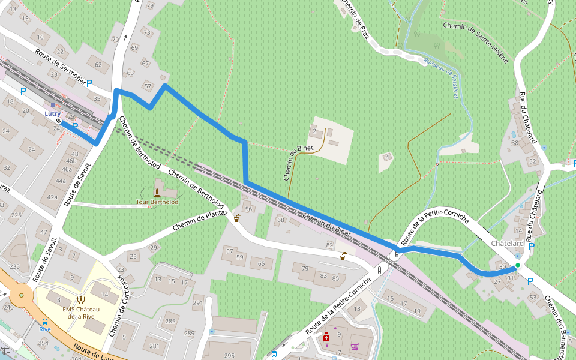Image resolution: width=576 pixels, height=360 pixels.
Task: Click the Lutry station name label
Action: [52, 113]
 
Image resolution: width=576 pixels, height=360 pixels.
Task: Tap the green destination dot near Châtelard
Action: [517, 265]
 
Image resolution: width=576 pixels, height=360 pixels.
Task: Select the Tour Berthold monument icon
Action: [157, 193]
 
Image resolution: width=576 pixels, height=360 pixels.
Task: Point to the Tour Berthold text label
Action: [157, 202]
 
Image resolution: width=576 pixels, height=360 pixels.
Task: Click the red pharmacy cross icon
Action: [326, 338]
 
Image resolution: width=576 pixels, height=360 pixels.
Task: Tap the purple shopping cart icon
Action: [355, 346]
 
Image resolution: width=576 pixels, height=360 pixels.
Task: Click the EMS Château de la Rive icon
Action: [80, 299]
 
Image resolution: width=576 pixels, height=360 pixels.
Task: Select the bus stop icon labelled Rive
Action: [45, 321]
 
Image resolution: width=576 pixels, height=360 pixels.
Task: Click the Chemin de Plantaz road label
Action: [200, 220]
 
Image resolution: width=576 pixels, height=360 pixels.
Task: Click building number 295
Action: [229, 356]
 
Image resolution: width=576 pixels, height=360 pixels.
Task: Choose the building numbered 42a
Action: [52, 196]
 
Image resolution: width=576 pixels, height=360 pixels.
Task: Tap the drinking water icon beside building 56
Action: [238, 217]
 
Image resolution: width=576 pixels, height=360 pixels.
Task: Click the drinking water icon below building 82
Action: [343, 256]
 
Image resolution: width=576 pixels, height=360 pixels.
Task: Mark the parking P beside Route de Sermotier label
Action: [89, 83]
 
